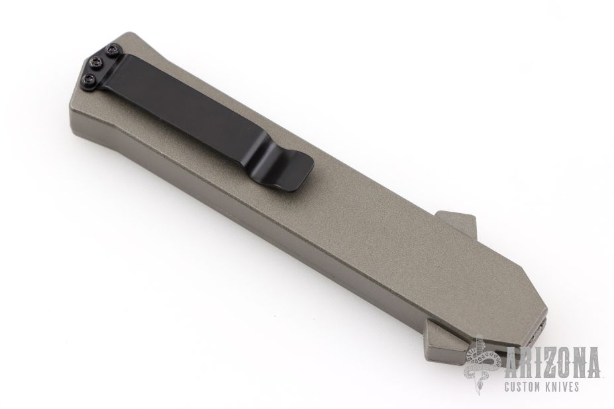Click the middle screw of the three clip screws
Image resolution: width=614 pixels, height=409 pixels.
point(95,62)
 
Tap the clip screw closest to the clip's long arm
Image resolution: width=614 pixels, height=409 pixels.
point(113,50)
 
